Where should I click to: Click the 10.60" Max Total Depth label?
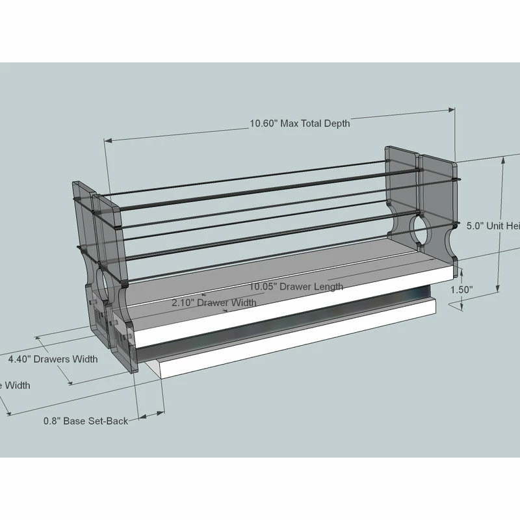[300, 123]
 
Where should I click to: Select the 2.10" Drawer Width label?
[214, 302]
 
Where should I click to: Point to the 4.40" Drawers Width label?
[53, 359]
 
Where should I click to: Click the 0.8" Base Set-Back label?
[86, 421]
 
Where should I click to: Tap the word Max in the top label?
[291, 123]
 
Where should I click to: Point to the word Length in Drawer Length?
[328, 285]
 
